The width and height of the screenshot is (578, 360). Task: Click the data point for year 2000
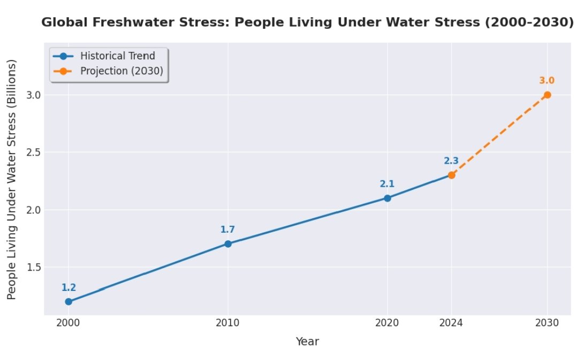(69, 302)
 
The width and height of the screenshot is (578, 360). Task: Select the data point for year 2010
(228, 244)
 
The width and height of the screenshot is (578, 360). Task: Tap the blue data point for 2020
(387, 198)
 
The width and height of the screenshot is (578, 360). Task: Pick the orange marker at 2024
(452, 175)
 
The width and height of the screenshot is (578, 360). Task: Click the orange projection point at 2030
(547, 95)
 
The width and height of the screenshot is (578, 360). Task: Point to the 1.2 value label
(69, 288)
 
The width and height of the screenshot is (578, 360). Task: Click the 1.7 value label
(228, 230)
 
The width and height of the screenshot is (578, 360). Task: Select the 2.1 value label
(387, 184)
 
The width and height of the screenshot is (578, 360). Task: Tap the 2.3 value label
(451, 161)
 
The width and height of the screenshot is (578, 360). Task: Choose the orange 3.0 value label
(546, 81)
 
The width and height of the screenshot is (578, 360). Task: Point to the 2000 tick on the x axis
(69, 323)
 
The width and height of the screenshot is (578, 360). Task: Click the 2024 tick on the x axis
(452, 323)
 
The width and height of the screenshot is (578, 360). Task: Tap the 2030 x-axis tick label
(547, 323)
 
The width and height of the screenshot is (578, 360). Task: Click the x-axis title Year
(307, 341)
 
